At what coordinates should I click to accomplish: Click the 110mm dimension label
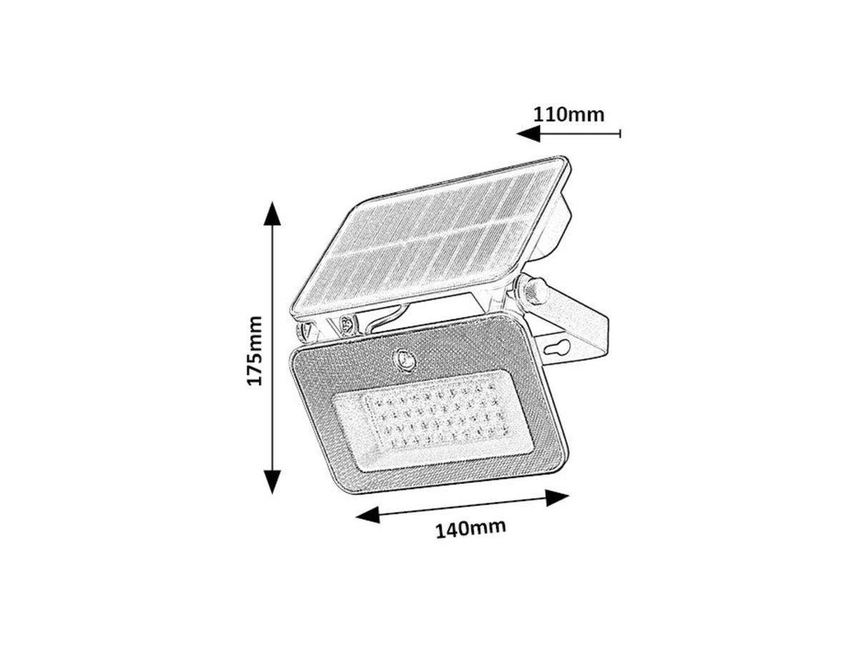(x=569, y=114)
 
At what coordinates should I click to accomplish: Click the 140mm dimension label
(x=470, y=529)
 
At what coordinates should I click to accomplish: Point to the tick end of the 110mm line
(x=620, y=133)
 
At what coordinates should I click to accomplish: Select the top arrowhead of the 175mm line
(x=272, y=213)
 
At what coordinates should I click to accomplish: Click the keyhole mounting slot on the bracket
(x=558, y=350)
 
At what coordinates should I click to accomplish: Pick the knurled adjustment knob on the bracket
(x=534, y=290)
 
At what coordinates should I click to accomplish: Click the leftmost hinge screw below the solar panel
(x=305, y=331)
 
